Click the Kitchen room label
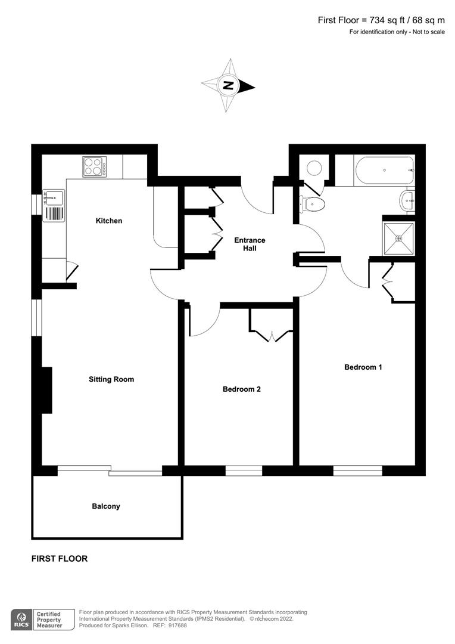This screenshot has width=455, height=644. [109, 221]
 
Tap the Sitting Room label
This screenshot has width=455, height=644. [111, 379]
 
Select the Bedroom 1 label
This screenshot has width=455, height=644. [363, 367]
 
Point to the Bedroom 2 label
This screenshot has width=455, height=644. [242, 389]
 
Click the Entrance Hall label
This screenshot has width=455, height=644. [250, 244]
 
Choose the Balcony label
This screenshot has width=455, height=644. [106, 506]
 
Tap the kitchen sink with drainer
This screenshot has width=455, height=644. [54, 205]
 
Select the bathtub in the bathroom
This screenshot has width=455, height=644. [385, 171]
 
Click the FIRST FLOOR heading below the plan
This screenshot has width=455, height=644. [60, 559]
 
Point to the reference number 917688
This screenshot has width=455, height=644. [177, 626]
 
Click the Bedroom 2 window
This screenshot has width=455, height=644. [244, 470]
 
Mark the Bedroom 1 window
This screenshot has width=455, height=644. [357, 470]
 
